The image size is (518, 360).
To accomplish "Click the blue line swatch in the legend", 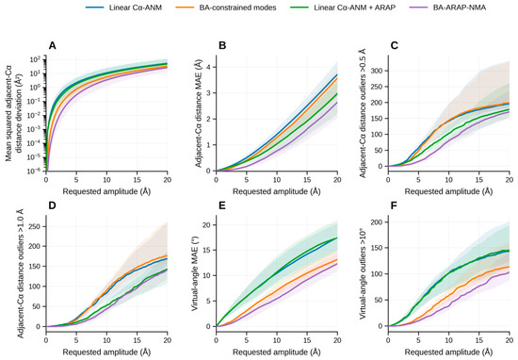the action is (94, 8).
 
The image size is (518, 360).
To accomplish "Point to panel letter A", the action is (52, 45).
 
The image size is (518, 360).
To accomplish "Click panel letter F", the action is (394, 205).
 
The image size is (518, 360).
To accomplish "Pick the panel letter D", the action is (52, 205).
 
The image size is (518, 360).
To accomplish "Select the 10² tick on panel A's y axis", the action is (37, 59).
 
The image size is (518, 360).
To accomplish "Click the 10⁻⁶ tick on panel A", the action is (37, 171).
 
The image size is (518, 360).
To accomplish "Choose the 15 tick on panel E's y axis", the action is (208, 251).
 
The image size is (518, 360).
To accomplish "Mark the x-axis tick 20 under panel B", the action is (337, 179).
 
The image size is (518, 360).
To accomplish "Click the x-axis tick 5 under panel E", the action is (247, 339).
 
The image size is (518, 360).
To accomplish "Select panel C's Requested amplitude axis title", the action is (448, 191).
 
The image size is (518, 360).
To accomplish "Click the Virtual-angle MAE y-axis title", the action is (196, 271).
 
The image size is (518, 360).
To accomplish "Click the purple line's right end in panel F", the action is (510, 272).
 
